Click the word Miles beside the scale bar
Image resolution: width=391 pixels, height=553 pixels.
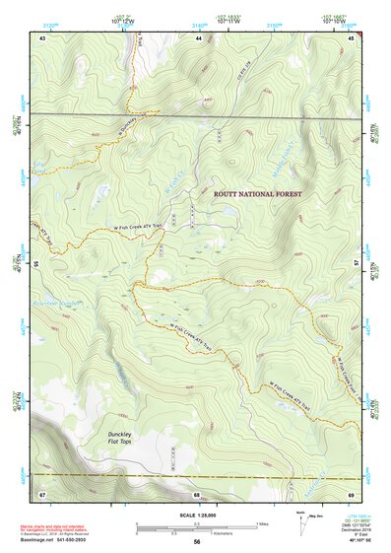pos(264,522)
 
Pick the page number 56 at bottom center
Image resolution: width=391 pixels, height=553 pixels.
pos(197,542)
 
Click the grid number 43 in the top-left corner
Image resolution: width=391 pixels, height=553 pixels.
pos(42,36)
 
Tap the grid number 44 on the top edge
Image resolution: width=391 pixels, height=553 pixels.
pos(199,36)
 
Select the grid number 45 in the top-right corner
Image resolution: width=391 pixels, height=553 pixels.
pos(352,36)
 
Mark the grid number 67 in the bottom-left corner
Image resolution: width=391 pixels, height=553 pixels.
pos(42,493)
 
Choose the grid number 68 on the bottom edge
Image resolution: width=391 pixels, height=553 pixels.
pos(197,493)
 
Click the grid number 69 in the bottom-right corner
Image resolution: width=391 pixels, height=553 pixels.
pos(352,493)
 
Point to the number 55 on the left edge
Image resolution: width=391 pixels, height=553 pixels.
pos(34,264)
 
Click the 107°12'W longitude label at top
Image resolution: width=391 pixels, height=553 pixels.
pos(124,22)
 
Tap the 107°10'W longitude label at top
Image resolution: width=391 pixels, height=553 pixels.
pos(334,22)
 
